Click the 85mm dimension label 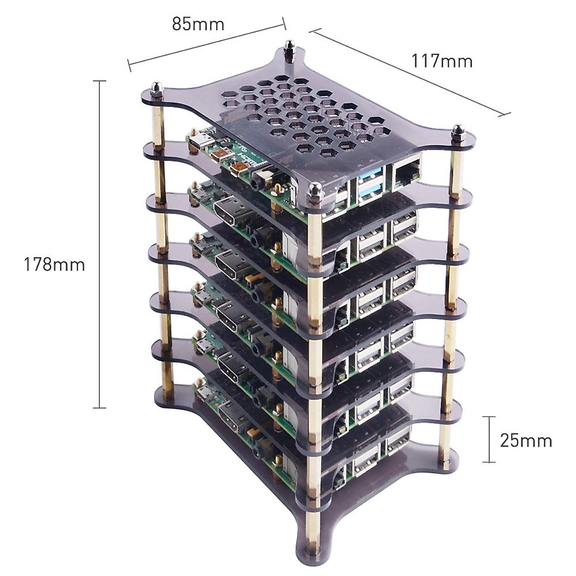(198, 24)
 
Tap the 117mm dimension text (442, 61)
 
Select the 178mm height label (54, 264)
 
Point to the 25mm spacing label (526, 440)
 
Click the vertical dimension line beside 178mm (99, 244)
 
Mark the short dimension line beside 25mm (489, 439)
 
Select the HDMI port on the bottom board (232, 417)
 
